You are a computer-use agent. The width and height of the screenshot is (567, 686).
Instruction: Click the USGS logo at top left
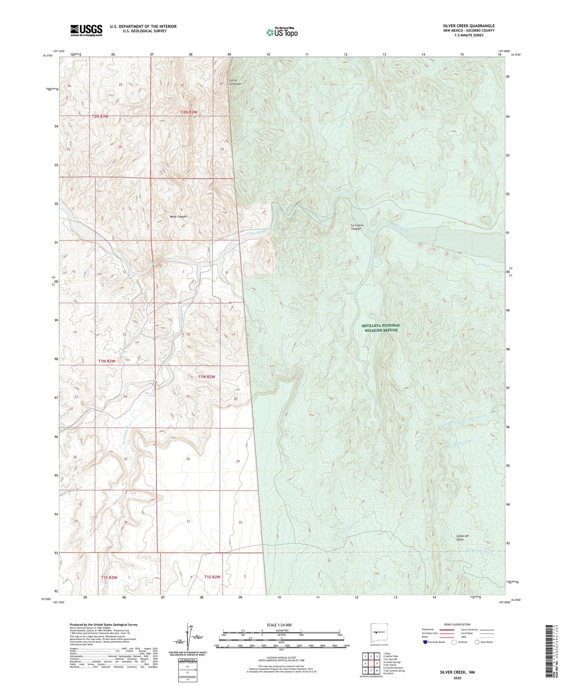pyautogui.click(x=86, y=30)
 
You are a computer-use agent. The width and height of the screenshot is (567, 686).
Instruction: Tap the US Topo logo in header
pyautogui.click(x=282, y=33)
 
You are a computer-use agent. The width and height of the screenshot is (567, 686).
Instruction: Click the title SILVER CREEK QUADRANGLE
pyautogui.click(x=468, y=26)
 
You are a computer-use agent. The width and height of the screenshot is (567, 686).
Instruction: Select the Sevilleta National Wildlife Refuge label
pyautogui.click(x=381, y=328)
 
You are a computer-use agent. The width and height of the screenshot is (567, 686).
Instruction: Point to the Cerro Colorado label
pyautogui.click(x=235, y=82)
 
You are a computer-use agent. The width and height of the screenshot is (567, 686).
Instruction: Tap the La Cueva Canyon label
pyautogui.click(x=356, y=227)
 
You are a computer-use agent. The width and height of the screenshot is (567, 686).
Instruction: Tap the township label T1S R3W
pyautogui.click(x=109, y=577)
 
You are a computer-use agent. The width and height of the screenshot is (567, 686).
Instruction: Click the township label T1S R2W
pyautogui.click(x=212, y=577)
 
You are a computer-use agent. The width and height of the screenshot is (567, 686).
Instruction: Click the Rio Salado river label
pyautogui.click(x=259, y=232)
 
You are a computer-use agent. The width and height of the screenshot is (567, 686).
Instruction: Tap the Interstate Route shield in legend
pyautogui.click(x=425, y=642)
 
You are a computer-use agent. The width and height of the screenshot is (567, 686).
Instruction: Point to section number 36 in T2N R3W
pyautogui.click(x=119, y=146)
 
